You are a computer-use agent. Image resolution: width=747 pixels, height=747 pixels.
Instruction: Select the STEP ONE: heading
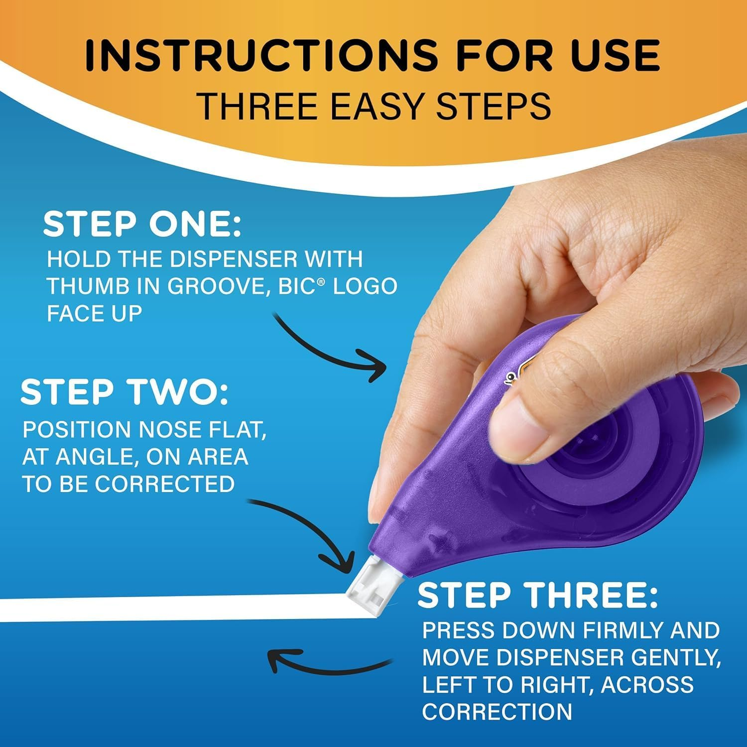pyautogui.click(x=142, y=225)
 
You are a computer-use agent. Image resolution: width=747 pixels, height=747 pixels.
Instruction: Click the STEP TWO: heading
pyautogui.click(x=124, y=392)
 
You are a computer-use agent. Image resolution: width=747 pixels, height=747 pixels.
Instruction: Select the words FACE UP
pyautogui.click(x=95, y=313)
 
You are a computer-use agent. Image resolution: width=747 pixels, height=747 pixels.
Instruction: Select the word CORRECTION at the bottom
pyautogui.click(x=497, y=712)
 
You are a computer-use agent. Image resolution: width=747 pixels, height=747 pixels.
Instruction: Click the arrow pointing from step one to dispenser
pyautogui.click(x=331, y=349)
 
